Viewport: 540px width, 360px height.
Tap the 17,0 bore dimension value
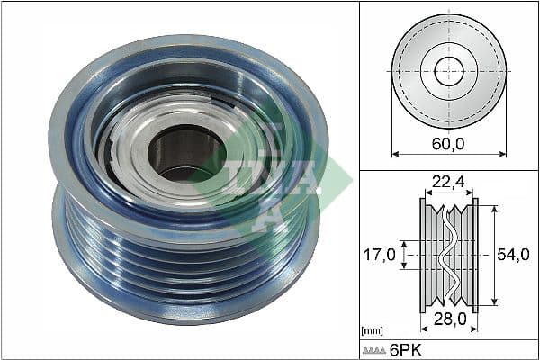380,255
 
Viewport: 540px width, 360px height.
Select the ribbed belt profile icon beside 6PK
375,349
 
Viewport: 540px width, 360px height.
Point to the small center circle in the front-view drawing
449,71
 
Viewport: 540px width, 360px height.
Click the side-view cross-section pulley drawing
449,255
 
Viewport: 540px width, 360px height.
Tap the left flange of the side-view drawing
422,255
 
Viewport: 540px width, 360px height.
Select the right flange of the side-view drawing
476,255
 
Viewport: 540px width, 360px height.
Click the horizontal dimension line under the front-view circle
449,154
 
